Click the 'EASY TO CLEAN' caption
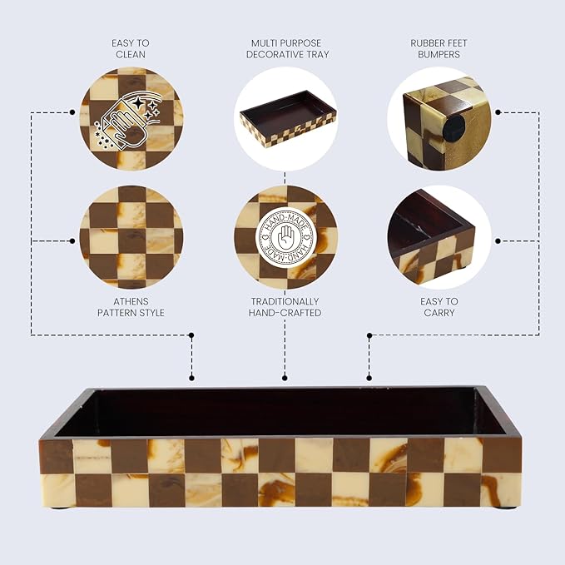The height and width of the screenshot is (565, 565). click(x=131, y=48)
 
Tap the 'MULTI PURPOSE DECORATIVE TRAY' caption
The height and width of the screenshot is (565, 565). click(x=287, y=48)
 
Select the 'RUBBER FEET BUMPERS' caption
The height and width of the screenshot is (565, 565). click(x=439, y=48)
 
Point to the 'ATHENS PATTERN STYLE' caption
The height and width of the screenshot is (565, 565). click(x=131, y=307)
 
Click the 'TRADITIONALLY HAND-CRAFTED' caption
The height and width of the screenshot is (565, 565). click(x=285, y=307)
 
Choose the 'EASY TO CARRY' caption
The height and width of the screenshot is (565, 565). click(x=439, y=307)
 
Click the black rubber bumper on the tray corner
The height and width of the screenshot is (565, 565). click(x=454, y=129)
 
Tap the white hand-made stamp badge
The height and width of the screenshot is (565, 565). click(x=285, y=237)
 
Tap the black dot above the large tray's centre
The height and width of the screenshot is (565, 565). click(x=285, y=378)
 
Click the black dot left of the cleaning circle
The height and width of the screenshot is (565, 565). click(x=72, y=112)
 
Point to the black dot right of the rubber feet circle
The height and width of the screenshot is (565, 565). click(x=498, y=112)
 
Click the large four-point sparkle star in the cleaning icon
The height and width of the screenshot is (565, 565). click(x=138, y=103)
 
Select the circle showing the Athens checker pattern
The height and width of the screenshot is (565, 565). click(x=131, y=237)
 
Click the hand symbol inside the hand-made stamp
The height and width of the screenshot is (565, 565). click(x=285, y=237)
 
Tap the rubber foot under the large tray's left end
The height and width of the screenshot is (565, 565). click(x=57, y=508)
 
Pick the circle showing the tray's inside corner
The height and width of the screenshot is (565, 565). click(x=439, y=237)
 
